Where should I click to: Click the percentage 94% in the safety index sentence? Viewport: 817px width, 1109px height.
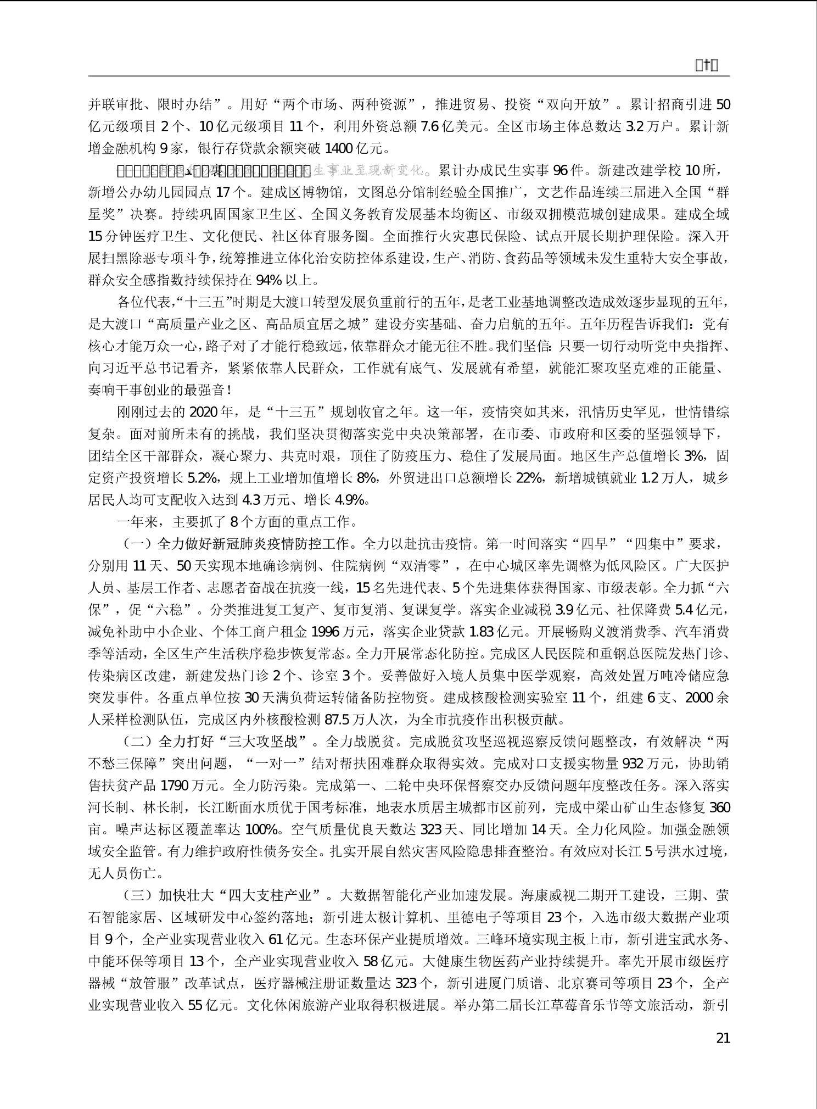click(x=269, y=281)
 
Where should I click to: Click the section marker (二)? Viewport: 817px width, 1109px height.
click(x=133, y=742)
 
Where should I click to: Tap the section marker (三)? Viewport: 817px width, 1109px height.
click(x=133, y=896)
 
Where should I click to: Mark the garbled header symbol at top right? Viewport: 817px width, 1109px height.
click(x=707, y=66)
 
